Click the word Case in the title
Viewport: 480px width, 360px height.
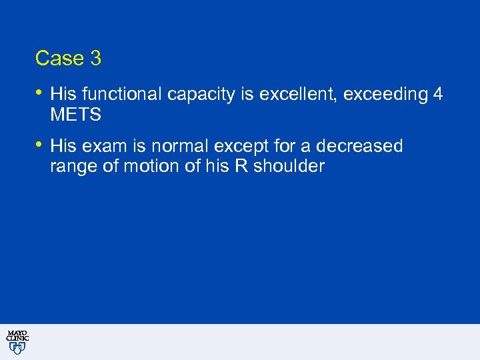pos(59,59)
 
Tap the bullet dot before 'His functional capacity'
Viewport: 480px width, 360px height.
pos(39,93)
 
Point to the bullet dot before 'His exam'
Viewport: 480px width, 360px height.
pos(39,145)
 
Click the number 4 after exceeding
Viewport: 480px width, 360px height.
pos(437,95)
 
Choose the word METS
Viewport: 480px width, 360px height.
pos(75,115)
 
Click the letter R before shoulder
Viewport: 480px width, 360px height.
pos(241,167)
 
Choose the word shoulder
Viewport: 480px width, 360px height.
pos(288,167)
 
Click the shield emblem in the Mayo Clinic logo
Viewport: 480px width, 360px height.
pos(17,349)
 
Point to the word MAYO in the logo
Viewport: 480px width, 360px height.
pos(17,333)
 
